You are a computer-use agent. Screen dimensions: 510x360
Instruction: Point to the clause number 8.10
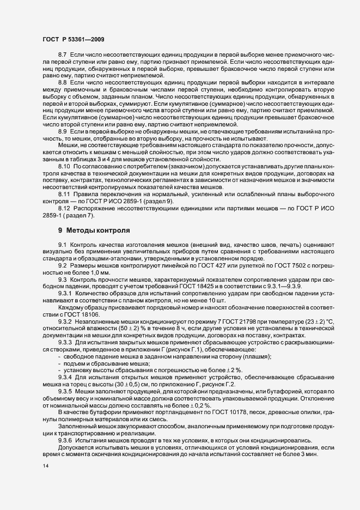click(x=64, y=181)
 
